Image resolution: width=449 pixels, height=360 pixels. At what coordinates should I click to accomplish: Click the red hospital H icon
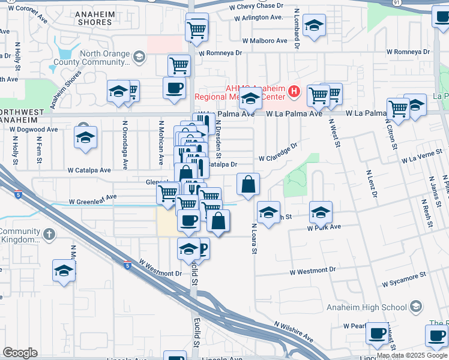tap(294, 92)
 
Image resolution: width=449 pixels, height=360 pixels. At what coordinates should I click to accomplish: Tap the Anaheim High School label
tap(367, 307)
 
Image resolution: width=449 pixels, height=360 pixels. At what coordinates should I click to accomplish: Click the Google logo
tap(20, 353)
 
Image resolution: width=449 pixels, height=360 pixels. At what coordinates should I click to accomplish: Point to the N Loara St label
tap(254, 238)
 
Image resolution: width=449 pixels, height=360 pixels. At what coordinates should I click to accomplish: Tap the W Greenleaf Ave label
tap(93, 202)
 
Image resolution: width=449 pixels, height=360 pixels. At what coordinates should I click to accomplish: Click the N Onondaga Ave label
tap(126, 145)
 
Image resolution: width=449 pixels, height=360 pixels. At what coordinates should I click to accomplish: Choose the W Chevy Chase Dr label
tap(256, 5)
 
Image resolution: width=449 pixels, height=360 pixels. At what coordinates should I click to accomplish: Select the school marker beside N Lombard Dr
tap(314, 26)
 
